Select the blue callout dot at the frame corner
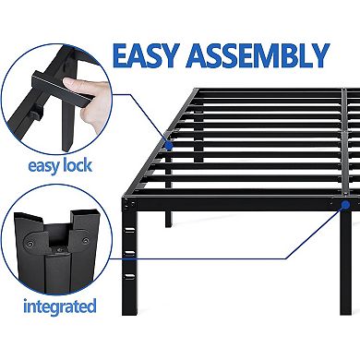342,207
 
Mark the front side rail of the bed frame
240,203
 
